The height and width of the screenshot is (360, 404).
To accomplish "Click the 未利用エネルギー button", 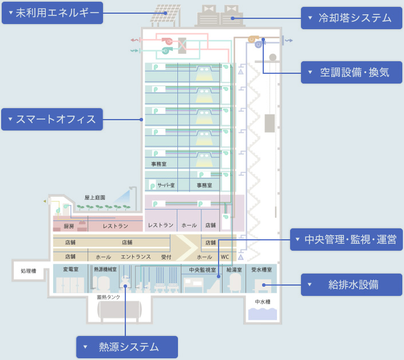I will click(53, 13).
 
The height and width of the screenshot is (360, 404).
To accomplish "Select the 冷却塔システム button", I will click(351, 18).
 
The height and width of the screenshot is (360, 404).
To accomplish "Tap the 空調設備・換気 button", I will click(351, 72).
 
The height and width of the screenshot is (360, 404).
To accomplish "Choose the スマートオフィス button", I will click(52, 119).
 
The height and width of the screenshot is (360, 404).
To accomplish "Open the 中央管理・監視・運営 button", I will click(347, 239).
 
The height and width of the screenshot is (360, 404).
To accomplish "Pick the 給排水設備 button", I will click(351, 284).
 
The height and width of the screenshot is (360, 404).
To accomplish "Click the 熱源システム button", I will click(127, 347).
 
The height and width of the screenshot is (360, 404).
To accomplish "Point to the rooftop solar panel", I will click(165, 14).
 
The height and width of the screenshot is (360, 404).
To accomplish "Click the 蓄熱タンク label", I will click(109, 297).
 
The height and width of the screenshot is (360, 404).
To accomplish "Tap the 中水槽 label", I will click(263, 302).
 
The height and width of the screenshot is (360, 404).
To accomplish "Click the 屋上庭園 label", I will click(95, 197).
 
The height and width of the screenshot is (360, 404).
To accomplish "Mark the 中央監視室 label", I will click(203, 269).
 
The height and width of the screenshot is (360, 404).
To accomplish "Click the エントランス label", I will click(136, 257).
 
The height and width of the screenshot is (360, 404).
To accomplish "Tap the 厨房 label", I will click(69, 226).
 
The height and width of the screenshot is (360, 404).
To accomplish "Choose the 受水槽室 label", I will click(262, 269).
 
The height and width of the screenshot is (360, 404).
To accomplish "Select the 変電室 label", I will click(70, 269).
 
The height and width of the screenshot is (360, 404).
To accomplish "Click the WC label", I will click(225, 257).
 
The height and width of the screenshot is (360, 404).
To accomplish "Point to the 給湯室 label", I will click(234, 269).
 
